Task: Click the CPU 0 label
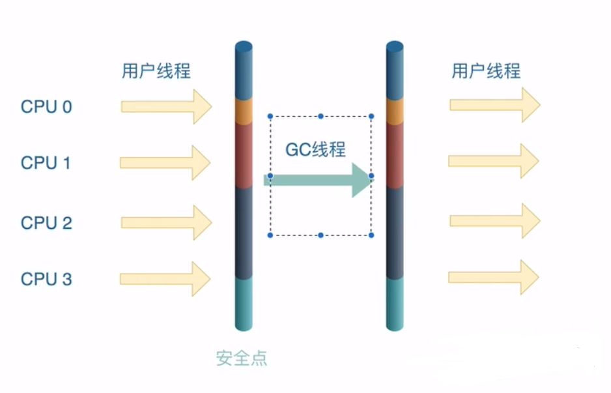(x=46, y=107)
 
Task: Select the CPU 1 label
(x=46, y=163)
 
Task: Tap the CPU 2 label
(x=46, y=223)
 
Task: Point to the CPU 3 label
(x=46, y=280)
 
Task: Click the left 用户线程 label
(x=156, y=70)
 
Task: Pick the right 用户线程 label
(x=486, y=70)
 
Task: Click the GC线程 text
(x=316, y=150)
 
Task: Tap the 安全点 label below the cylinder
(x=242, y=358)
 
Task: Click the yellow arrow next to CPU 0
(x=166, y=106)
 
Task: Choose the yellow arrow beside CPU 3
(x=165, y=279)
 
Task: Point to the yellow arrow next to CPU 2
(x=166, y=222)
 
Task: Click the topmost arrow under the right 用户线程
(x=494, y=105)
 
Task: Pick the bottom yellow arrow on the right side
(x=494, y=277)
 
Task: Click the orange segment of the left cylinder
(x=244, y=111)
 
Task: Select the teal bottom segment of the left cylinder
(x=244, y=303)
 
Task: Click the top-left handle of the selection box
(x=270, y=117)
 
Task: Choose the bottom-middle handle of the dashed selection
(x=320, y=235)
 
